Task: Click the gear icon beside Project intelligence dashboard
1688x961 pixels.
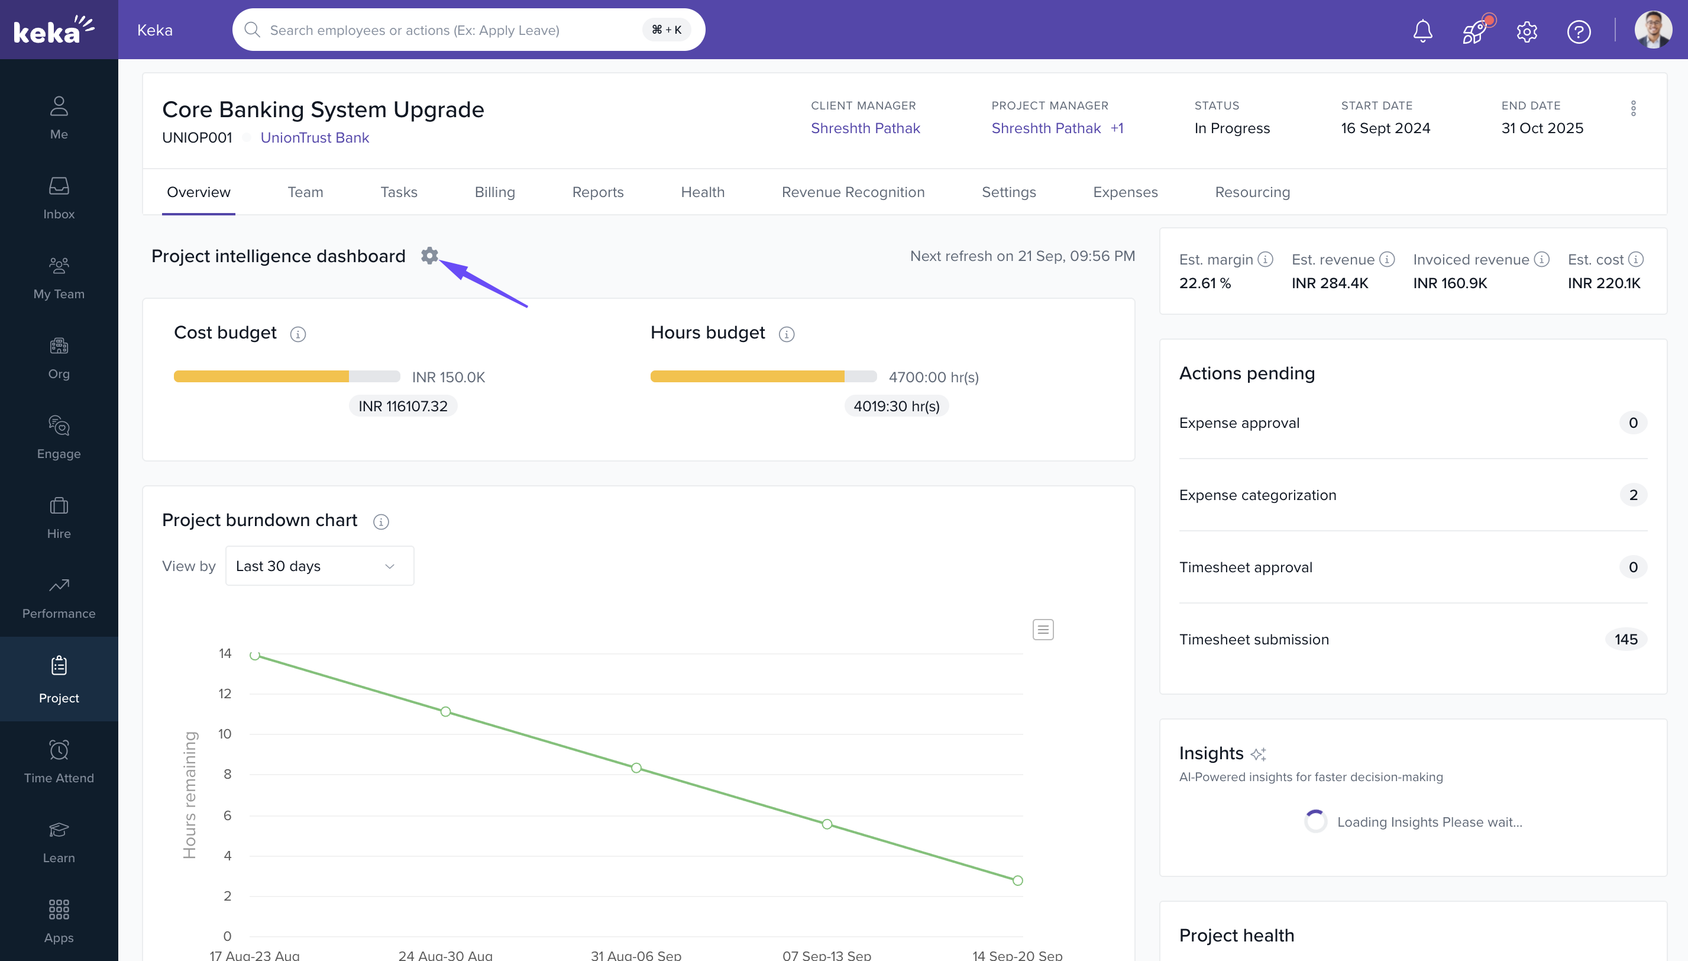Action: [x=429, y=256]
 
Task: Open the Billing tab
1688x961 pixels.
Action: [x=494, y=192]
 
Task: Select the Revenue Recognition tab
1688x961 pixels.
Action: [x=852, y=192]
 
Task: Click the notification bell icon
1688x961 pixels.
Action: [x=1422, y=31]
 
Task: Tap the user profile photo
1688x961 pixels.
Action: [x=1653, y=30]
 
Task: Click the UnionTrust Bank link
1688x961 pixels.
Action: [x=315, y=137]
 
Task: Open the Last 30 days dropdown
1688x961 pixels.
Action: [x=319, y=566]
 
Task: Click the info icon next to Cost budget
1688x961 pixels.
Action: [x=298, y=334]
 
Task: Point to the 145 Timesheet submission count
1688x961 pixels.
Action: [x=1625, y=639]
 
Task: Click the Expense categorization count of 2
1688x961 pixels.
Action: [x=1632, y=495]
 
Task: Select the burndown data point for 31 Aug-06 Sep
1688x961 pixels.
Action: [x=636, y=767]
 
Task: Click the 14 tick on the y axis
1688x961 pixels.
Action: [x=225, y=653]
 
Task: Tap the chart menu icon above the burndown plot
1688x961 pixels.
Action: [x=1042, y=630]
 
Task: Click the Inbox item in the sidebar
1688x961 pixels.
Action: [x=59, y=198]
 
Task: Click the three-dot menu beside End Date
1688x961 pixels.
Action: [x=1632, y=108]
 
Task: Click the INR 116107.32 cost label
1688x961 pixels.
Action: [x=402, y=406]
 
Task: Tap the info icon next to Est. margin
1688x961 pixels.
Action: [x=1265, y=259]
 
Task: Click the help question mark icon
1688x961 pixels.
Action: [x=1578, y=31]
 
